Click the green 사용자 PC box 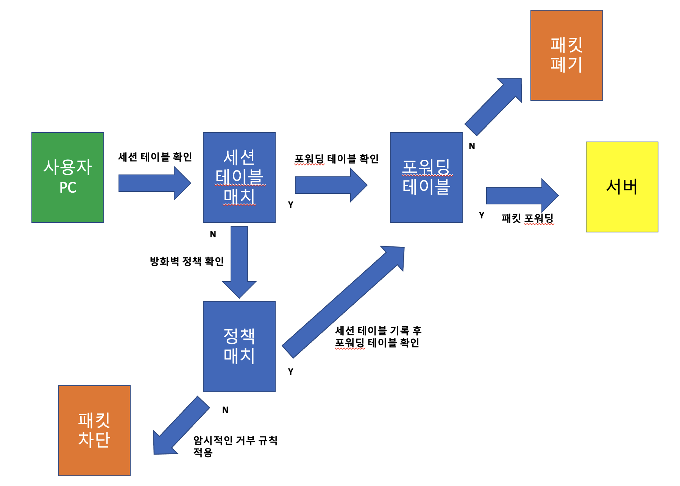tap(68, 177)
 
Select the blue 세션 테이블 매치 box tap(239, 177)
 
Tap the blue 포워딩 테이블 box tap(426, 177)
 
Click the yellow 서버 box tap(622, 187)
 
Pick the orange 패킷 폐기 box tap(566, 55)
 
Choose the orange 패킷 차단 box tap(94, 430)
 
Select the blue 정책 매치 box tap(239, 346)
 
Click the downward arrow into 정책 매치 tap(239, 261)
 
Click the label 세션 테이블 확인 tap(155, 157)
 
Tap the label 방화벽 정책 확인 tap(187, 261)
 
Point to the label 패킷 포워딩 tap(527, 218)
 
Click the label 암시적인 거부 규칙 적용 tap(235, 446)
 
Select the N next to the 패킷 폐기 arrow tap(472, 146)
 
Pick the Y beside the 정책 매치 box tap(290, 372)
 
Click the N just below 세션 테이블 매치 tap(213, 235)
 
